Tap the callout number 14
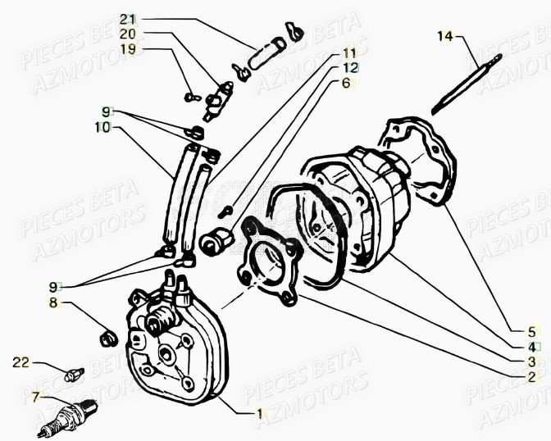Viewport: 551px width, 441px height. tap(444, 35)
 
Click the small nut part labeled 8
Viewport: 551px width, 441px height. tap(105, 337)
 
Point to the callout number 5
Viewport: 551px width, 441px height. tap(531, 332)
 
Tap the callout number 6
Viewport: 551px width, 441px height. tap(345, 83)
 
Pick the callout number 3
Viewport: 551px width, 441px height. tap(531, 361)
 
